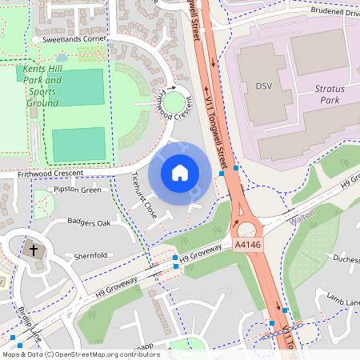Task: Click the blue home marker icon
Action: click(180, 172)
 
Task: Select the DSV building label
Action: click(264, 86)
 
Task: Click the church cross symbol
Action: click(34, 250)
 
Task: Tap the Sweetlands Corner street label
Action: click(74, 38)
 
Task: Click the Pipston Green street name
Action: click(77, 190)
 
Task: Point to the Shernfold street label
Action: click(90, 256)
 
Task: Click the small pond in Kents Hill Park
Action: click(62, 58)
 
